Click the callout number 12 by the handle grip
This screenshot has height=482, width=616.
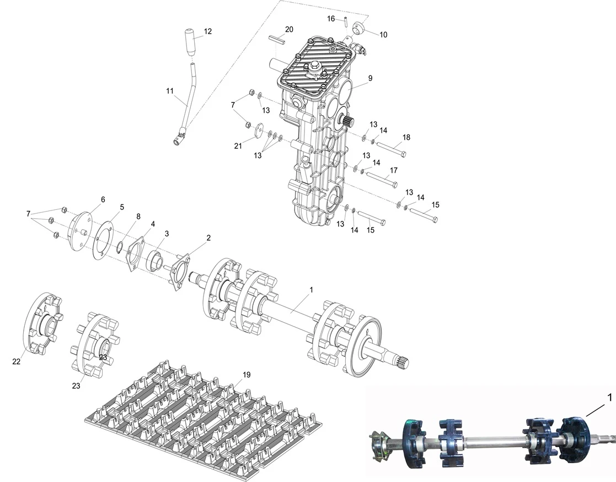click(x=207, y=31)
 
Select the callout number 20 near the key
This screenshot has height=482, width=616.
click(x=289, y=29)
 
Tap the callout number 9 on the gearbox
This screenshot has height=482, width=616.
click(x=370, y=78)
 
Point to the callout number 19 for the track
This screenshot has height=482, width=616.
click(x=247, y=375)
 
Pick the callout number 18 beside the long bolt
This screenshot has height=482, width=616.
click(x=406, y=137)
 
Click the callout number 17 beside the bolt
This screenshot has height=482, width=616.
click(x=394, y=170)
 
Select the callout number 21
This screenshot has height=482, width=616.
click(x=238, y=145)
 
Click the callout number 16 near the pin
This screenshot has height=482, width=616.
click(x=331, y=19)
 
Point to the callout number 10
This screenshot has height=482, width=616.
click(x=383, y=34)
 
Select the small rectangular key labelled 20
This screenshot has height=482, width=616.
click(x=277, y=39)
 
